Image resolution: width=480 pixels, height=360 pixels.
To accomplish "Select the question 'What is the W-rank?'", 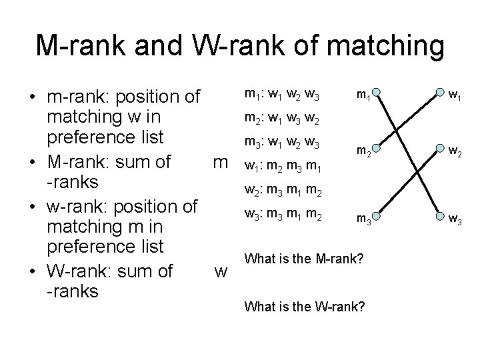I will (x=305, y=307).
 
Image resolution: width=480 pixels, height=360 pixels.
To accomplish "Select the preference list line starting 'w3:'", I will (x=283, y=215).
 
